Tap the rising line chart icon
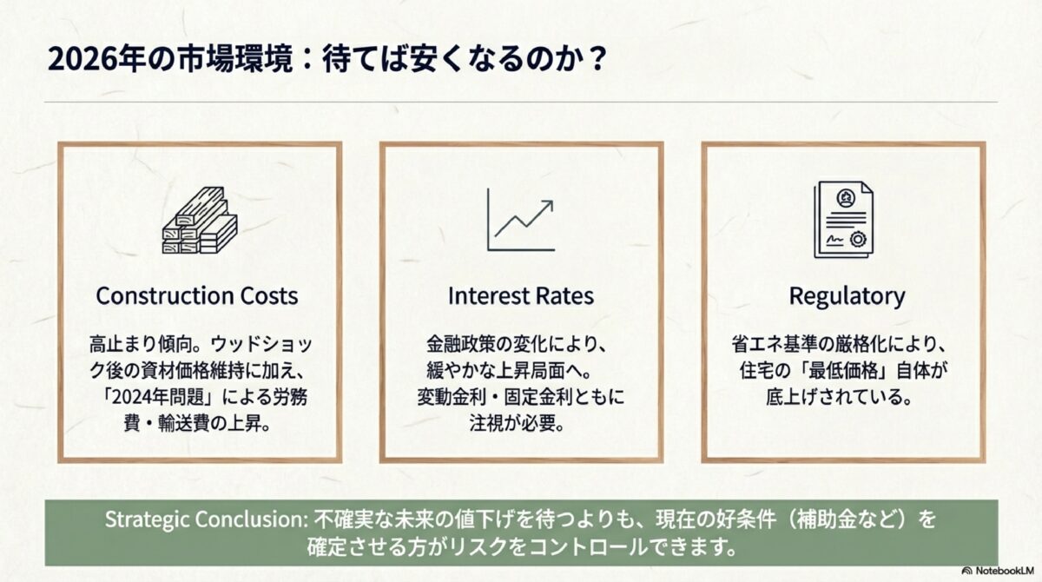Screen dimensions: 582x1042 (520, 220)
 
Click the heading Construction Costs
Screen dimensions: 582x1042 (197, 295)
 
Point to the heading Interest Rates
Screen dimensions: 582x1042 (521, 295)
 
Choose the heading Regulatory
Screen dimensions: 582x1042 (847, 295)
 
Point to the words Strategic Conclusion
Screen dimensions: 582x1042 (201, 519)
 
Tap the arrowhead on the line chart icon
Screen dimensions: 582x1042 (548, 206)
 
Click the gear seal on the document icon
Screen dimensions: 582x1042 (857, 238)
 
